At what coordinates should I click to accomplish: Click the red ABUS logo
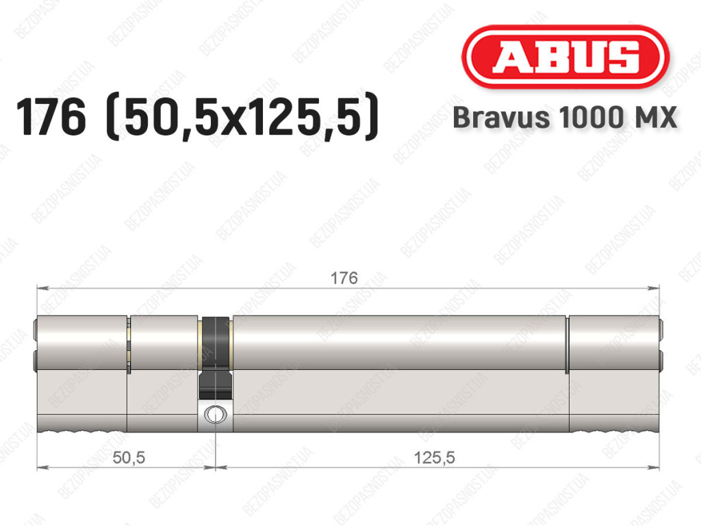click(565, 57)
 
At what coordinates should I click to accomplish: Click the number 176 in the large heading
click(51, 118)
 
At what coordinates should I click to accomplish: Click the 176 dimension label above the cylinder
click(344, 278)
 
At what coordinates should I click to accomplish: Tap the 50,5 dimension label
click(129, 457)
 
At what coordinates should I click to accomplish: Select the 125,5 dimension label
click(434, 457)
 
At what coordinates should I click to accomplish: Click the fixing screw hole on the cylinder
click(215, 414)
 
